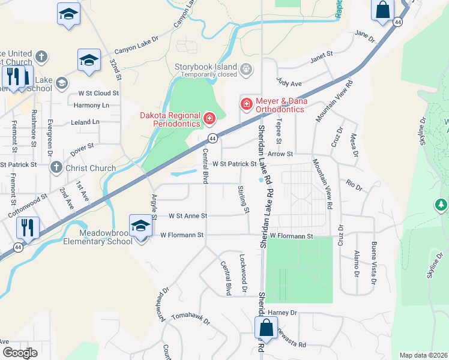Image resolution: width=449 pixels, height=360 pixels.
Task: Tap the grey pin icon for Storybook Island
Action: (246, 70)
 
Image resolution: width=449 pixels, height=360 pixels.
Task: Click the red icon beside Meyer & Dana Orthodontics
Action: (246, 104)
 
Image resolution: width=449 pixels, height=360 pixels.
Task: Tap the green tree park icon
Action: (441, 205)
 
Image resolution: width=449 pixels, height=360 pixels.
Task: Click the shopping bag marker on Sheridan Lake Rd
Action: (266, 328)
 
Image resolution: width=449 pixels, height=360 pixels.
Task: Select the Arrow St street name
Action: (281, 154)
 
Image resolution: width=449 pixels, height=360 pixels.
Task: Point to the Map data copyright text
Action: (423, 355)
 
